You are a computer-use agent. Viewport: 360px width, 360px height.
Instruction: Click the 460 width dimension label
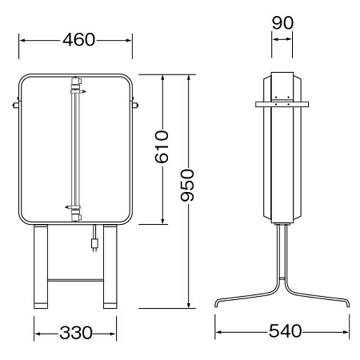coord(76,39)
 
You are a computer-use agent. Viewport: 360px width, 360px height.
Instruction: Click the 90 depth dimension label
coord(282,22)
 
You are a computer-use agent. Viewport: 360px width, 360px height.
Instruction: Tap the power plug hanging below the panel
coord(94,240)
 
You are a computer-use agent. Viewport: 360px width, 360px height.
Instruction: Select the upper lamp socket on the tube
coord(77,86)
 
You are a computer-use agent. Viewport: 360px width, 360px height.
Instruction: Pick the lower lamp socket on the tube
coord(77,211)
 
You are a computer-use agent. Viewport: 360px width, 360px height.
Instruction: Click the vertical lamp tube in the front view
coord(77,148)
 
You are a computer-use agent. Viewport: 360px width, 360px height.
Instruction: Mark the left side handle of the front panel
coord(15,104)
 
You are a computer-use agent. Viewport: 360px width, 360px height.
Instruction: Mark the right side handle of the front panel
coord(135,104)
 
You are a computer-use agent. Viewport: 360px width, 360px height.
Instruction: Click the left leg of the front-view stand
coord(40,268)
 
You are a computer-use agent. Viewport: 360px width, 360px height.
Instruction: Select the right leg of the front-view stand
coord(110,268)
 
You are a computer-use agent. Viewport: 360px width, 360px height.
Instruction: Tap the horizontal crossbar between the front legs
coord(75,280)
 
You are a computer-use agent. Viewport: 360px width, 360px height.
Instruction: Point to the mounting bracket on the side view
coord(282,102)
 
